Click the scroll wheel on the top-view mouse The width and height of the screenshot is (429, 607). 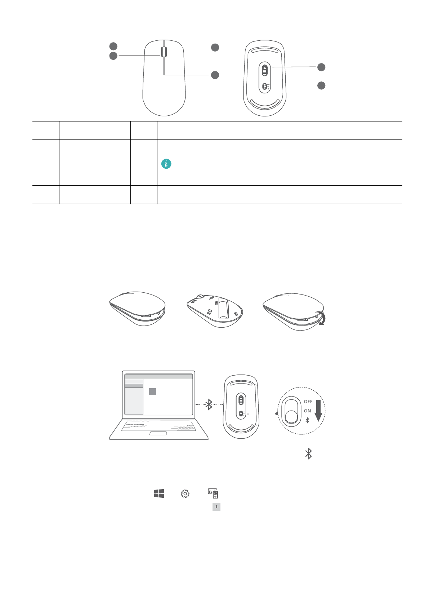click(x=164, y=52)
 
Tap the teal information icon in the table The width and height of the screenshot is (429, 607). click(x=166, y=164)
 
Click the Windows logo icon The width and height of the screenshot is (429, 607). click(x=159, y=493)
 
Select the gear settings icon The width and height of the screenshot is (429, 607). click(x=185, y=493)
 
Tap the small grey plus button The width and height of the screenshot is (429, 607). click(x=216, y=507)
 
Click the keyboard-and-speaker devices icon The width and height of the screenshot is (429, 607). click(x=213, y=493)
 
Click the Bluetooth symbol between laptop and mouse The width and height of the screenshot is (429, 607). click(x=209, y=404)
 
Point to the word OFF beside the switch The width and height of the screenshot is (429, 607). click(x=308, y=402)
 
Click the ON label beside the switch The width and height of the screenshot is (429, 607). click(x=307, y=411)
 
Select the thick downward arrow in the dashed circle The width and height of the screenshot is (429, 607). click(x=318, y=411)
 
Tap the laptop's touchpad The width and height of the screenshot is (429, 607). click(x=158, y=433)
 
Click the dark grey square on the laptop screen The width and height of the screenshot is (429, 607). click(x=152, y=391)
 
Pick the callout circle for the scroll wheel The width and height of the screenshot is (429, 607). click(x=113, y=56)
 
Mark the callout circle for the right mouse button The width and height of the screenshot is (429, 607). click(x=215, y=47)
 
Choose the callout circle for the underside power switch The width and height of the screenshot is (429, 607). click(x=321, y=85)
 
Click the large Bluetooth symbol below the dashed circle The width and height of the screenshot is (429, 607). click(x=308, y=454)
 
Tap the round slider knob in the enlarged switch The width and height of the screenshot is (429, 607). click(x=291, y=417)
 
